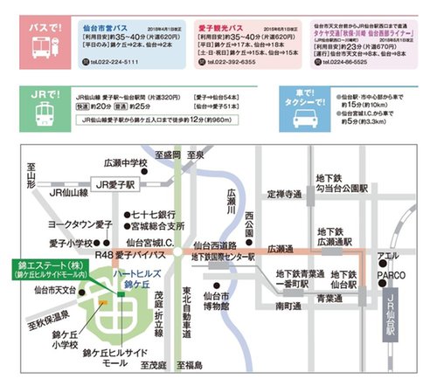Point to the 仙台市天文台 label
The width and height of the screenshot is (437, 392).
click(x=55, y=289)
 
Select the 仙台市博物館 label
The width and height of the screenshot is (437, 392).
click(x=214, y=301)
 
